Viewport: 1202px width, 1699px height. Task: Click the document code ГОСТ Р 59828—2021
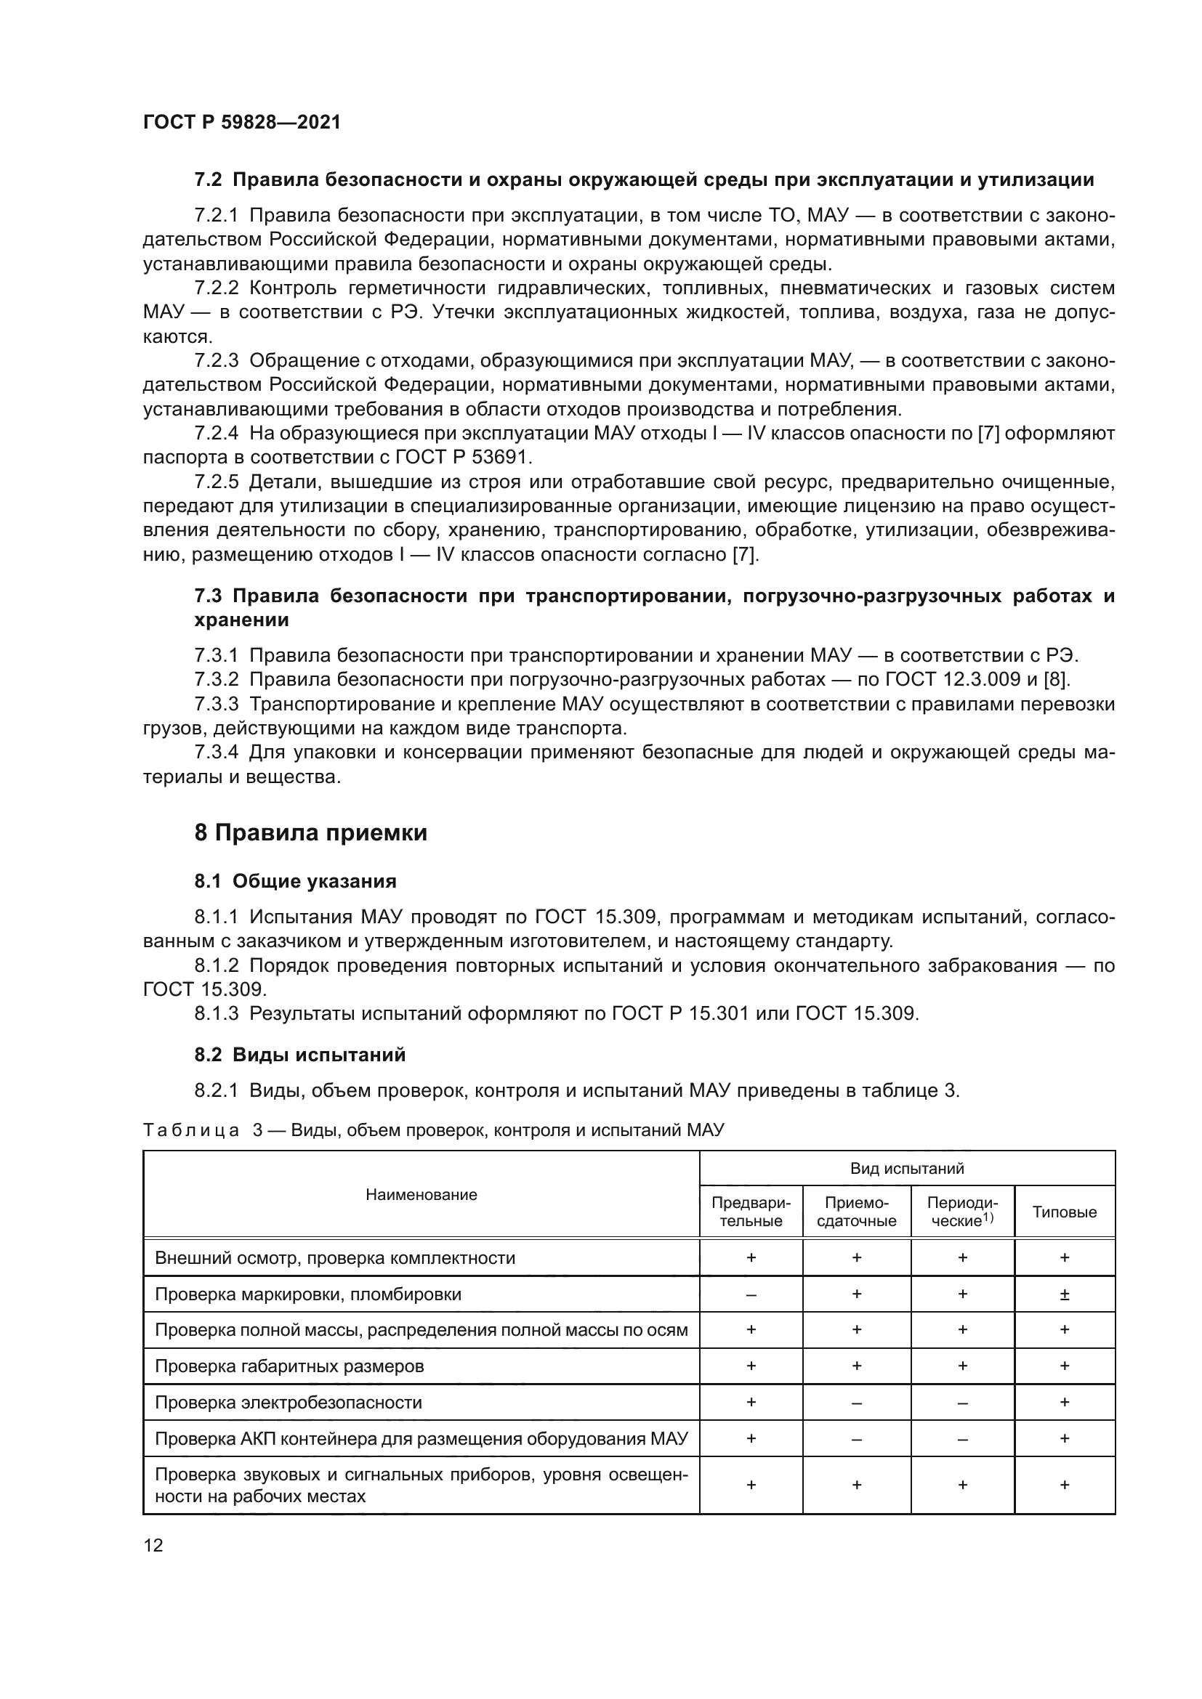(241, 122)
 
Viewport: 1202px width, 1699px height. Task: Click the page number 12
(153, 1545)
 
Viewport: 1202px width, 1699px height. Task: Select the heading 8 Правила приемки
(311, 833)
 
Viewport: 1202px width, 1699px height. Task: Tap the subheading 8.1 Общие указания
(295, 881)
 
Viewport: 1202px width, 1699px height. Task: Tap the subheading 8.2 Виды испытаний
(299, 1055)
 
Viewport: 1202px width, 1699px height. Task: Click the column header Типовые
(1064, 1212)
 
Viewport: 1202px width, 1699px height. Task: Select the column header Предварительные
(751, 1212)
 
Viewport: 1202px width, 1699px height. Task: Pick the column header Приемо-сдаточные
(856, 1212)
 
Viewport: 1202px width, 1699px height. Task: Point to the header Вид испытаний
(907, 1169)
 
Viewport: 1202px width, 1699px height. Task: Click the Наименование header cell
(421, 1194)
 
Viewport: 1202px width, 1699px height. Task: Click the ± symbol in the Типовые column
(1065, 1294)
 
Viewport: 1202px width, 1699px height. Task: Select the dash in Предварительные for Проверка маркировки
(751, 1295)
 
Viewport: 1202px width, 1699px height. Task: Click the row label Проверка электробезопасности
(289, 1402)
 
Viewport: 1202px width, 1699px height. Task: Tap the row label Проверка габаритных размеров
(289, 1366)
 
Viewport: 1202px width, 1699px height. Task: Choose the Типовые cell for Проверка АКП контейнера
(1065, 1438)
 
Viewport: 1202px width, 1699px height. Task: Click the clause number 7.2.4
(216, 434)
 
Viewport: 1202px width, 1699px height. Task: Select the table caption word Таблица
(191, 1131)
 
